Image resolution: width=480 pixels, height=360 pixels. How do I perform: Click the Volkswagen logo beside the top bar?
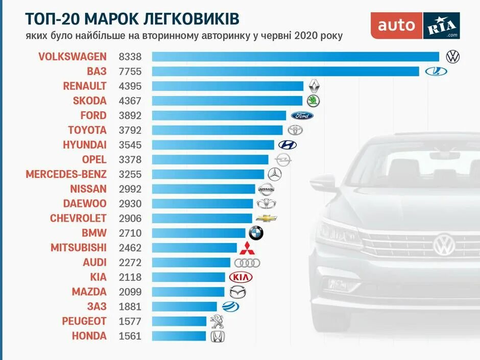tap(452, 57)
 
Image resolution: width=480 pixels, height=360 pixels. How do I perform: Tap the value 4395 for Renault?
tap(130, 86)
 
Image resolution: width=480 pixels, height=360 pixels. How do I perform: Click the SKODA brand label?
tap(89, 101)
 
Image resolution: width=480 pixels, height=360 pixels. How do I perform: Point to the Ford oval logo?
tap(302, 115)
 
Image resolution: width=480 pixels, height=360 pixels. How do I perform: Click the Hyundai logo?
tap(287, 145)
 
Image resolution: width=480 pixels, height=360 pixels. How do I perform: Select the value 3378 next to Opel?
tap(130, 160)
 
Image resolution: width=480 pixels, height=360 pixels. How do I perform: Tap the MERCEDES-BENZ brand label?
tap(66, 174)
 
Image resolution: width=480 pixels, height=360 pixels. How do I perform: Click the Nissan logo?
tap(267, 189)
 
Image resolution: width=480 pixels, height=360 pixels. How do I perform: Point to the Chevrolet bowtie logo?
tap(266, 218)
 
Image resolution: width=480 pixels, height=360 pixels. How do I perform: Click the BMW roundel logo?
tap(256, 233)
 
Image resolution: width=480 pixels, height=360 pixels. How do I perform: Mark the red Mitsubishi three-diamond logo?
tap(247, 248)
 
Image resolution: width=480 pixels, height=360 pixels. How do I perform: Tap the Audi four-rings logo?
tap(247, 263)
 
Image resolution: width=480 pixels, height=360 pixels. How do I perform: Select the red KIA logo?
tap(241, 277)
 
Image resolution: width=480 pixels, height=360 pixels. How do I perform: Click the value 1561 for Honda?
tap(130, 336)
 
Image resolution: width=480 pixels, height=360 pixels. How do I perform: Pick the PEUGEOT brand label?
tap(84, 321)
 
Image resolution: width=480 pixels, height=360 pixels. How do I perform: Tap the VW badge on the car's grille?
tap(444, 244)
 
